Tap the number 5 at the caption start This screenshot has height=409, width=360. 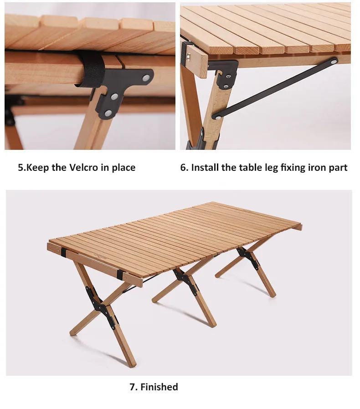(x=20, y=168)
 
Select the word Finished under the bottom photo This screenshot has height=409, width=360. (x=159, y=387)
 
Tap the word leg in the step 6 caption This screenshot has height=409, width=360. (x=272, y=168)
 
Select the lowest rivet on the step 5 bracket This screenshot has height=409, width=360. (x=108, y=113)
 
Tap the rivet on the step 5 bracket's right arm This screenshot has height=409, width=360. (x=146, y=77)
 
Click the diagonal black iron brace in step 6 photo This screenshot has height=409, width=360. (x=275, y=88)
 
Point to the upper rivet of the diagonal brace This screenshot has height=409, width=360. (x=334, y=62)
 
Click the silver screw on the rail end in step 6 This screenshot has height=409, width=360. (x=189, y=56)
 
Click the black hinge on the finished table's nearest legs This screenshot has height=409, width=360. (x=101, y=307)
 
